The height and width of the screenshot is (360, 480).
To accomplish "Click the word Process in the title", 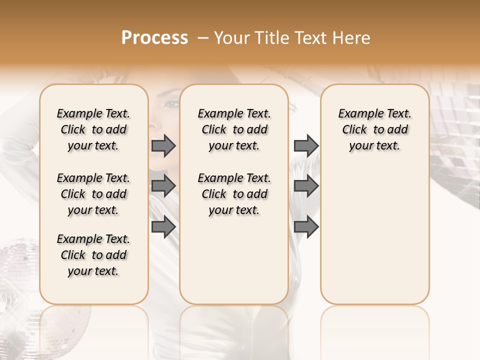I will pos(154,38).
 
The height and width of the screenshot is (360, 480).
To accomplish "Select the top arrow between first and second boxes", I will pos(163,145).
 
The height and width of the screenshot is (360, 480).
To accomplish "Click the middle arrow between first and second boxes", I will pos(163,186).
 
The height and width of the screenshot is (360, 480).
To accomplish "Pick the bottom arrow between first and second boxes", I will pos(163,227).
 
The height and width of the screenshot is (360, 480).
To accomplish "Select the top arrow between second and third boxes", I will pos(306,145).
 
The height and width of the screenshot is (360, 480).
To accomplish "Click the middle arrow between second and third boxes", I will pos(306,186).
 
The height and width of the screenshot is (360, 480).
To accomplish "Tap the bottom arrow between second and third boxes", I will pos(306,227).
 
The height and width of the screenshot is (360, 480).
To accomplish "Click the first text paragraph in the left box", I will pos(93,129).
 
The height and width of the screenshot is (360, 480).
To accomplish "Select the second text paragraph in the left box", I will pos(93,194).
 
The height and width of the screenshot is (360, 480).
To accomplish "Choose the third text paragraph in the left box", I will pos(93,255).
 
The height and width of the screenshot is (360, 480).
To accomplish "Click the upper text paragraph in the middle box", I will pos(234,129).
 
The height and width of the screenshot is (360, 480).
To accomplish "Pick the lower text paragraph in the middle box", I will pos(234,194).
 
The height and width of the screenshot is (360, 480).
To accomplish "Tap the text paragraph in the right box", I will pos(375,129).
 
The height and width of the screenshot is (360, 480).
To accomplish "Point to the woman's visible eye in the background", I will pos(171,104).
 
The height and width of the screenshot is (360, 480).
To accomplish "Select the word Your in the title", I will pos(230,38).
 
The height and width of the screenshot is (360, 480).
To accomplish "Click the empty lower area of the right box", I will pos(375,235).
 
